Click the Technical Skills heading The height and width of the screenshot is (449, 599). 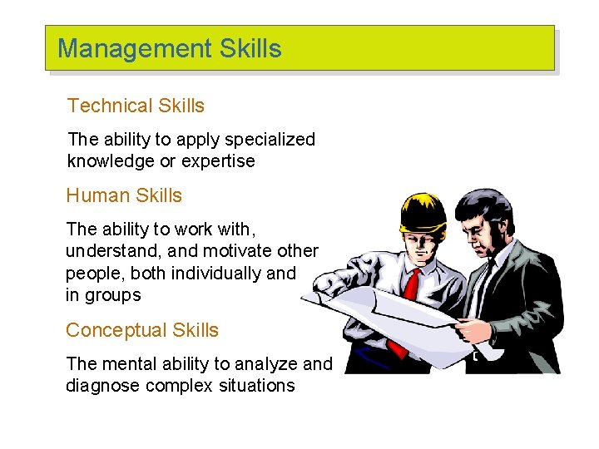[136, 106]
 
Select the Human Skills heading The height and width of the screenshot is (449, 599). [124, 195]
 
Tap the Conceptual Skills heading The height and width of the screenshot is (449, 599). [142, 330]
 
